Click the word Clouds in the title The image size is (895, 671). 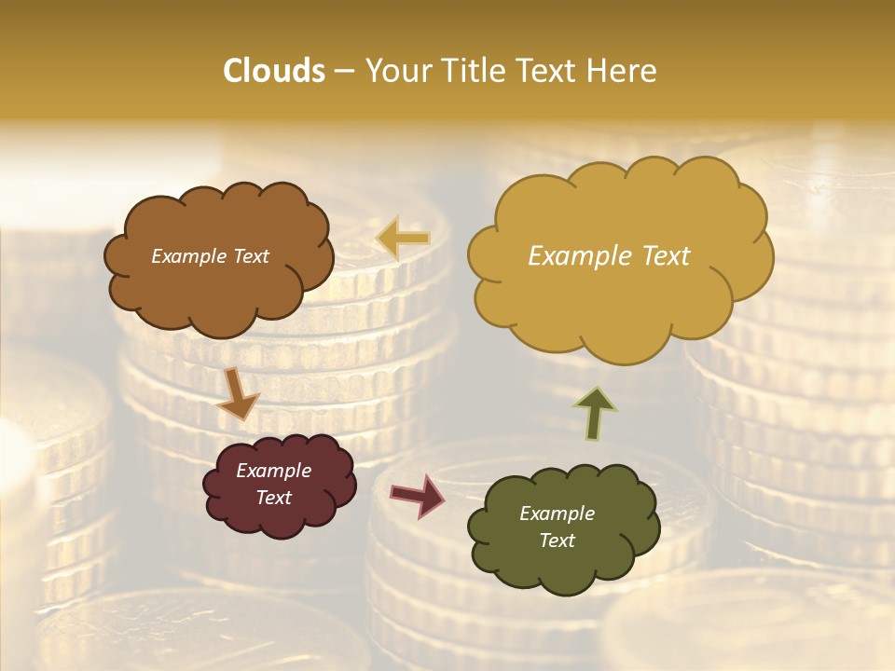(273, 71)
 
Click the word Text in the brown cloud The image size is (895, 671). (250, 256)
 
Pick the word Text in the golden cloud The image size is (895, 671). (666, 256)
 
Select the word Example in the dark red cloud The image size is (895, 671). (273, 471)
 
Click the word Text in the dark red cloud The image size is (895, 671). (273, 498)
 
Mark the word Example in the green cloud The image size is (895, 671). (557, 514)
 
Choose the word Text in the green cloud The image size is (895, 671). (557, 541)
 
